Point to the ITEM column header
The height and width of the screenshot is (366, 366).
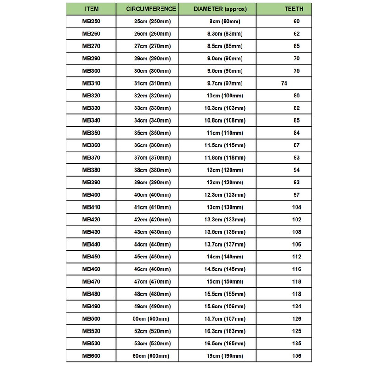pos(91,9)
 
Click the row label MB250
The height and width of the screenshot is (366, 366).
pos(91,22)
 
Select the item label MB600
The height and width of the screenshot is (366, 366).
pos(91,356)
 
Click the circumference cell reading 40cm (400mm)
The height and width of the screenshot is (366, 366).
pos(151,195)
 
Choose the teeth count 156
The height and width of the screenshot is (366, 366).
pos(297,356)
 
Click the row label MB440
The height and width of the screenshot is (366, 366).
pos(91,244)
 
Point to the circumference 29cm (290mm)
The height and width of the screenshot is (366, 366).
pos(151,59)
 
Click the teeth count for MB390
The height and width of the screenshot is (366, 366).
pos(297,183)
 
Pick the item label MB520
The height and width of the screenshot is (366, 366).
pos(91,331)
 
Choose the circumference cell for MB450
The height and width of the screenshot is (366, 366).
pos(151,257)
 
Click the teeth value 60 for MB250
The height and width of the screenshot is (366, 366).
pos(297,22)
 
